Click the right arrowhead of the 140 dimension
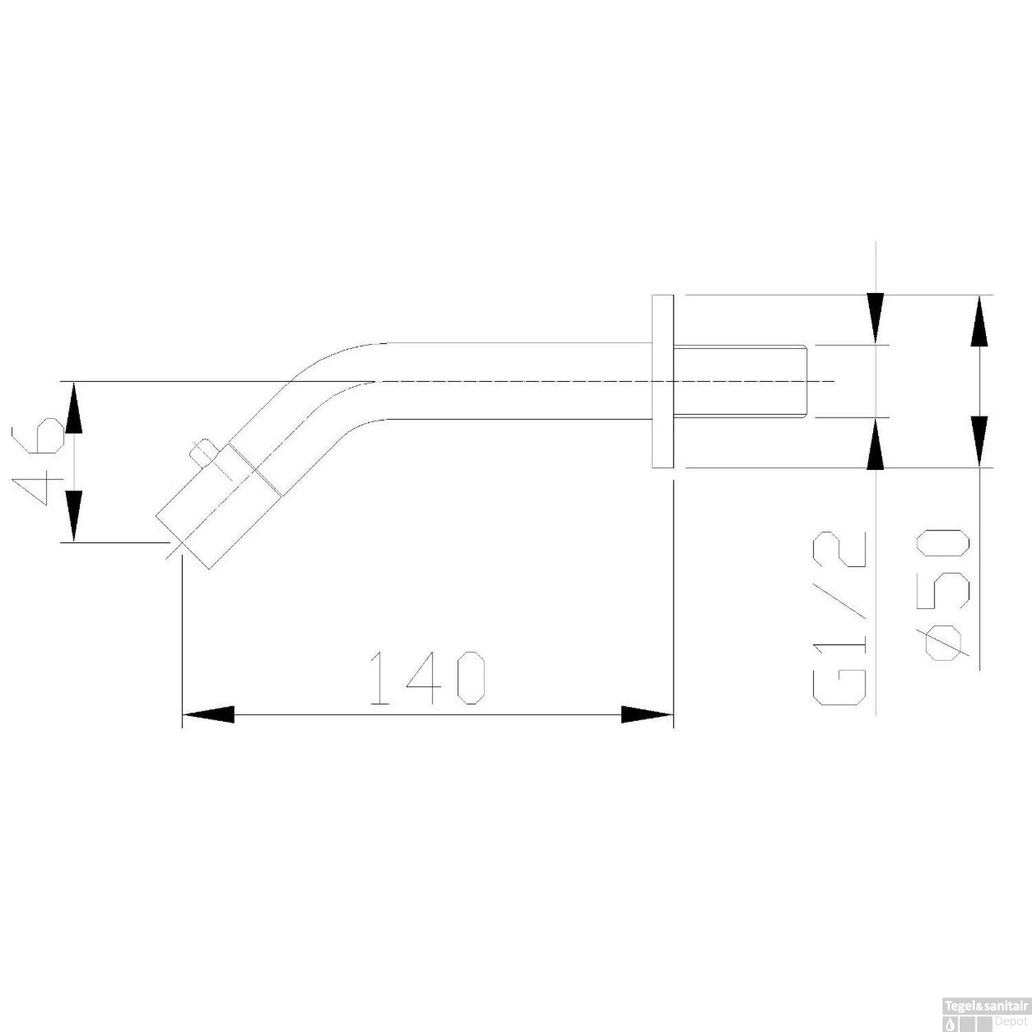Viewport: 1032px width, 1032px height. point(647,715)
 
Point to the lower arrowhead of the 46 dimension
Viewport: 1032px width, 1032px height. point(74,516)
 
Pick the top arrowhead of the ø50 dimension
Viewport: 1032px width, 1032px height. point(980,321)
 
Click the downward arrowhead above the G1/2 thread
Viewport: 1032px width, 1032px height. point(875,318)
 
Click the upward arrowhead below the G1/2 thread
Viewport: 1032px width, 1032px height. point(875,444)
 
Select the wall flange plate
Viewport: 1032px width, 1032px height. point(663,382)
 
